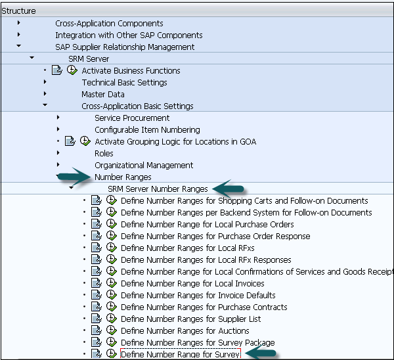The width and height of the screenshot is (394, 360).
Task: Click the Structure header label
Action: point(18,11)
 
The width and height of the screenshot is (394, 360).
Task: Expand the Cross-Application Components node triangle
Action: point(19,23)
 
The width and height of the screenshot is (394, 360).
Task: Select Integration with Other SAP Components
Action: point(129,35)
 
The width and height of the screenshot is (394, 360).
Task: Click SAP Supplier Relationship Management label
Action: point(125,47)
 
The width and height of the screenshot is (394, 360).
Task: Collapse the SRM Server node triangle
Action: point(32,58)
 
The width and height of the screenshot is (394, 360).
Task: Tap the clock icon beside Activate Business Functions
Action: point(72,70)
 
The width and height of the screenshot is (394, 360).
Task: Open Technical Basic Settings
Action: point(124,82)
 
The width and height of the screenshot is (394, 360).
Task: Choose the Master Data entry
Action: point(103,94)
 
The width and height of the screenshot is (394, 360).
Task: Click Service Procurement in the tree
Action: point(132,118)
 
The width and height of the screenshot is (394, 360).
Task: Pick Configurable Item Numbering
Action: point(147,129)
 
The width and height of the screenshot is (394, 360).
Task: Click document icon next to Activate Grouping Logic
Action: point(70,141)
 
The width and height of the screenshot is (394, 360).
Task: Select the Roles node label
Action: point(104,153)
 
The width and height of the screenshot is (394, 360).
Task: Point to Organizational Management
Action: point(144,165)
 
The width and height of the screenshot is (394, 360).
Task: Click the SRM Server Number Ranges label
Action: point(158,189)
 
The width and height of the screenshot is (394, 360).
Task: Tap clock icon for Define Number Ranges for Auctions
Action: point(111,330)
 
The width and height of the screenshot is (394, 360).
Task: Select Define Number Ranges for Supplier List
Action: point(190,319)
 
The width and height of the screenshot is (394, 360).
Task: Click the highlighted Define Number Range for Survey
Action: point(181,354)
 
